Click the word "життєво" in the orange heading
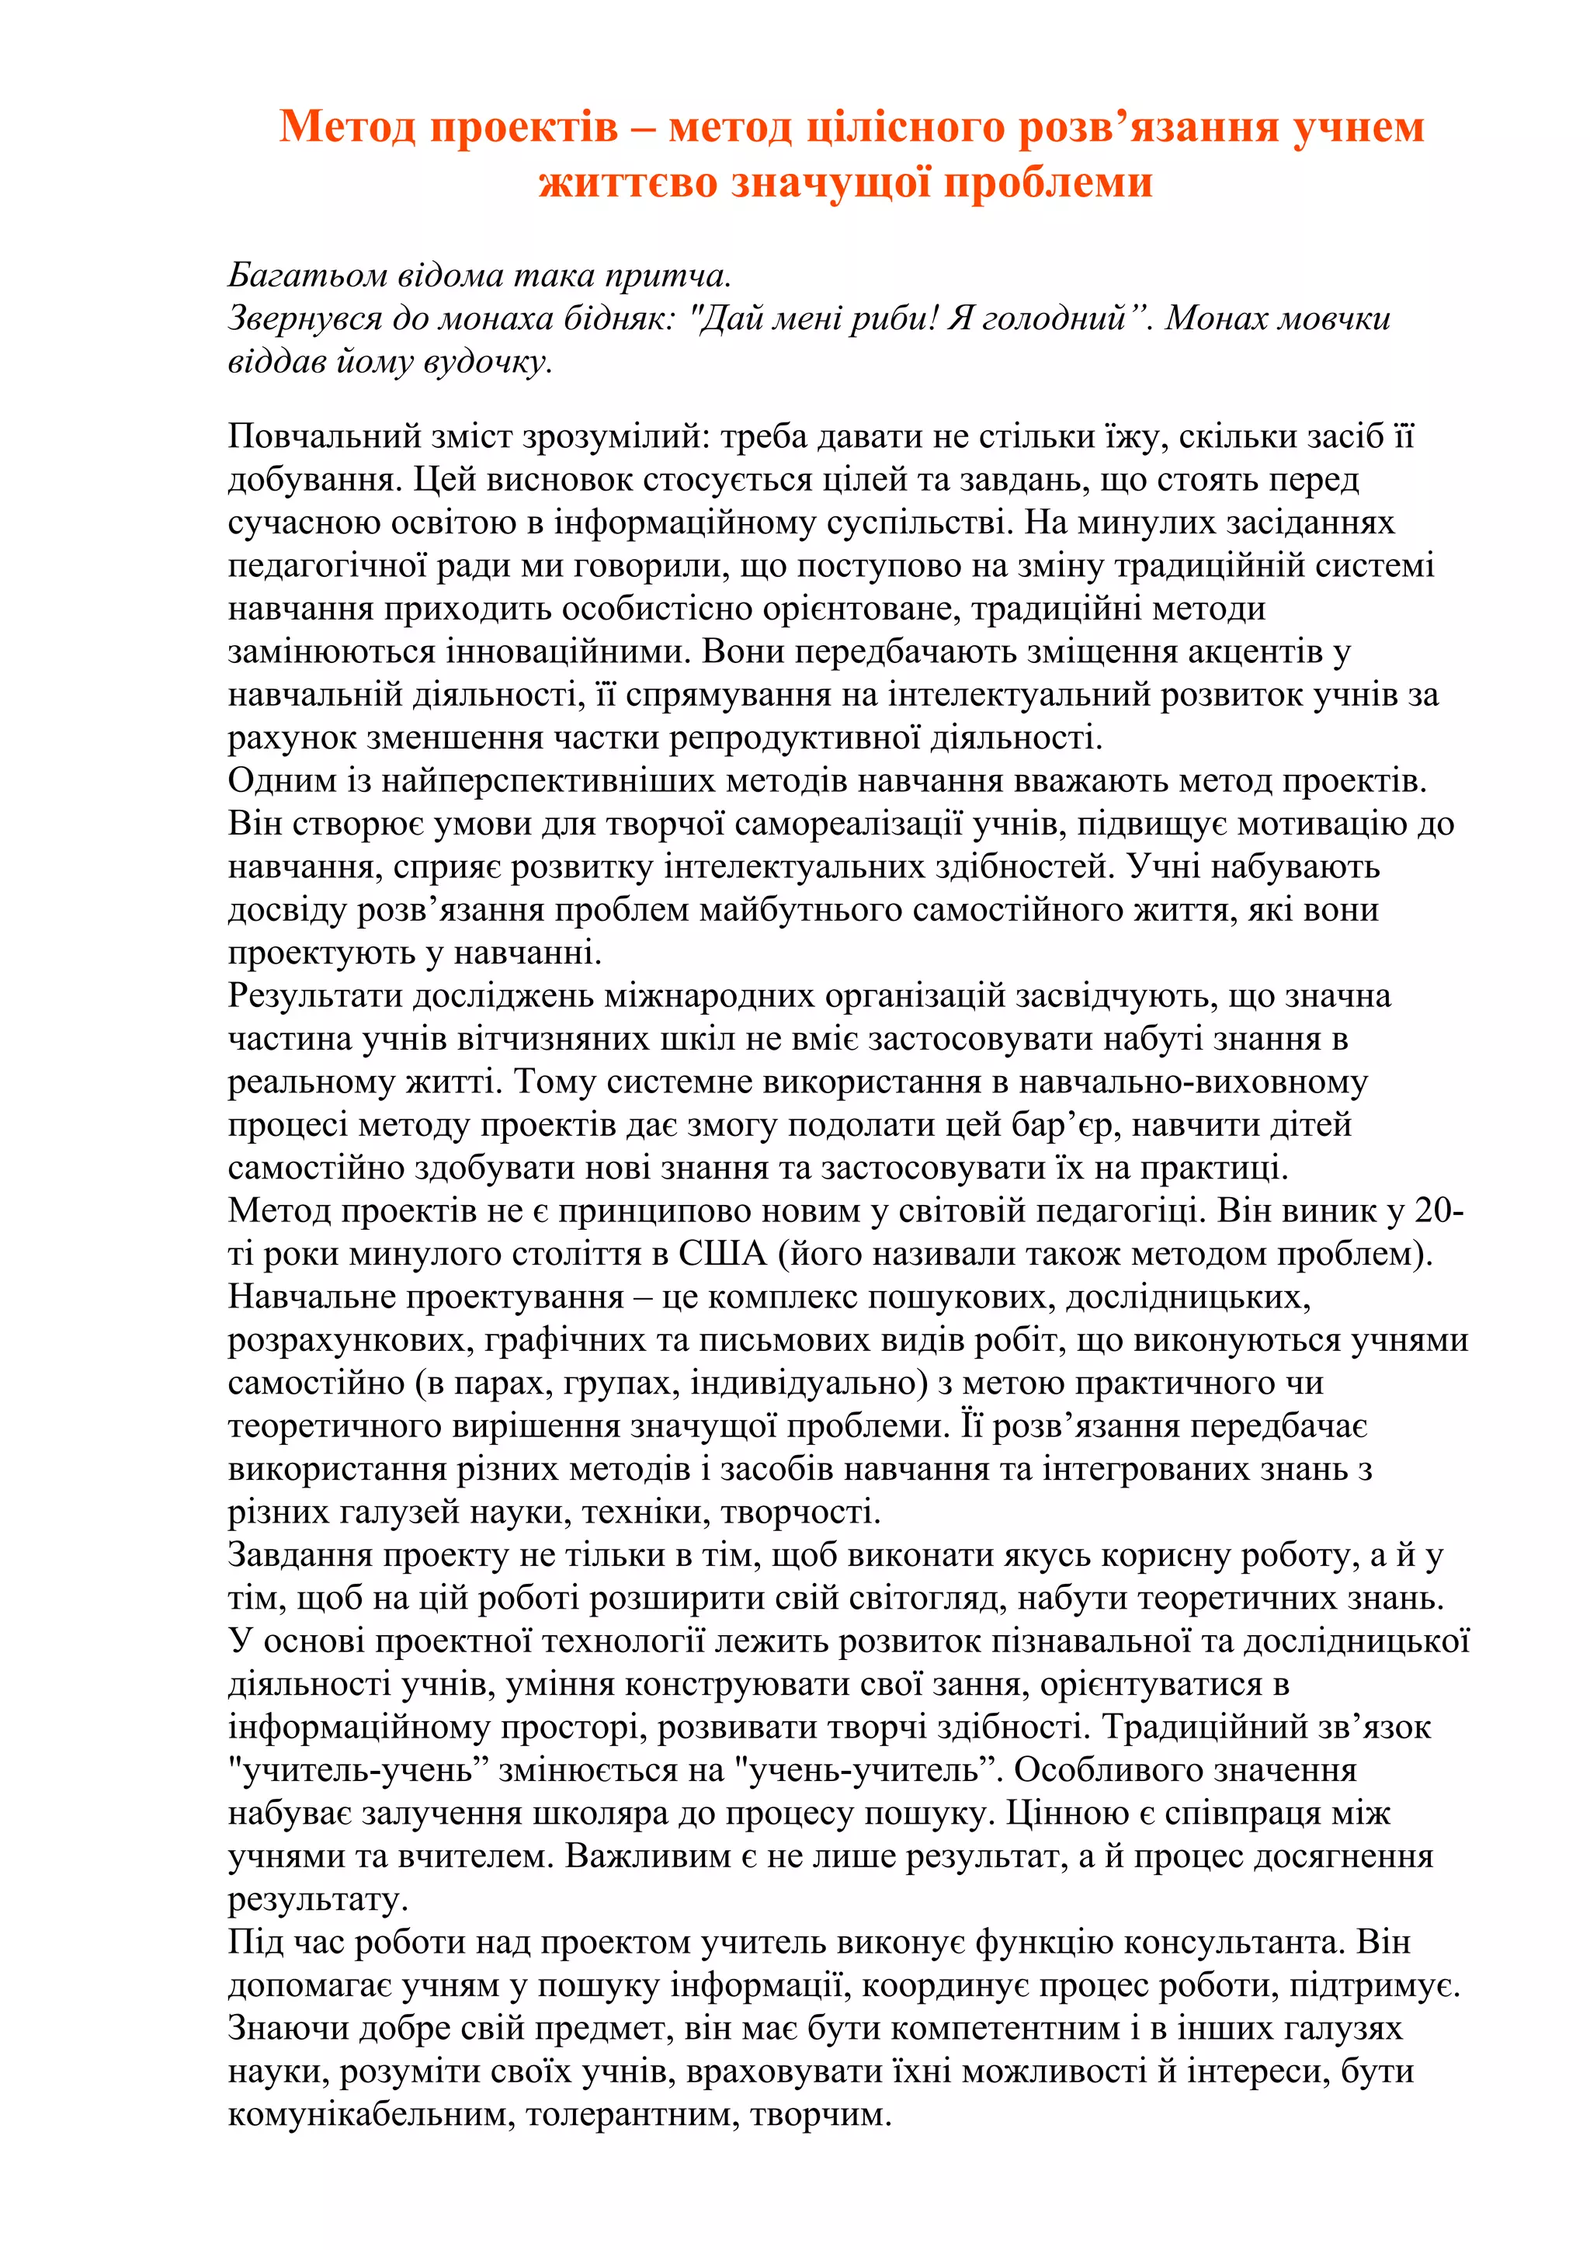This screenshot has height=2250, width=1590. coord(628,183)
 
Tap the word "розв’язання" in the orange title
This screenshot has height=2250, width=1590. coord(1148,127)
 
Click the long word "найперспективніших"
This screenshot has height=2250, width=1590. coord(553,781)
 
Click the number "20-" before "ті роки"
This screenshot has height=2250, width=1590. coord(1439,1211)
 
